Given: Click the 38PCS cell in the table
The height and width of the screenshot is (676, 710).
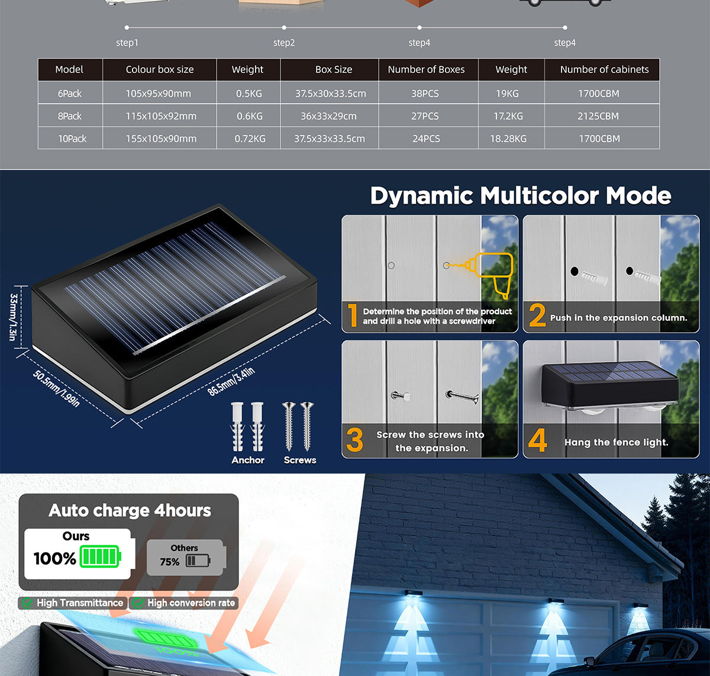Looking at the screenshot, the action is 425,94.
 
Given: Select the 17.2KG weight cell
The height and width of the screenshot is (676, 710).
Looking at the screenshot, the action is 508,116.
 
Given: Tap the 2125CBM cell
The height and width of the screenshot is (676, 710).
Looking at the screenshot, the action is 598,116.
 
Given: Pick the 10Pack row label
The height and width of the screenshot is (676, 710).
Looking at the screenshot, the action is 72,139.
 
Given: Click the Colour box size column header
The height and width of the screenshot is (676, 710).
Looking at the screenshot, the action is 160,69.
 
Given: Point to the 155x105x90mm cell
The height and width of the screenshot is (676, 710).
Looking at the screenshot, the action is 161,139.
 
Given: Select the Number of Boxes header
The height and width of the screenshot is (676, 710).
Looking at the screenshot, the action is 426,69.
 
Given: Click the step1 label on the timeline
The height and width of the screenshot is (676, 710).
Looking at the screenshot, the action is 127,43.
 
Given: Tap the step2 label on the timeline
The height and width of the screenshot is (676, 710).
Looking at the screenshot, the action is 284,43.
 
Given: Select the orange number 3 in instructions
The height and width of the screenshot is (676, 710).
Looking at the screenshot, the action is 354,440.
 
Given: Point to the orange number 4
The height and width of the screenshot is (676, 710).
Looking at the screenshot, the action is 537,440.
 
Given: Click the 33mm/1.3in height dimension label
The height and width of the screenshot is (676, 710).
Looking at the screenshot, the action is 13,317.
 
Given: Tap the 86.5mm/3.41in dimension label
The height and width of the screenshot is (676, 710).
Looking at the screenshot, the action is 231,382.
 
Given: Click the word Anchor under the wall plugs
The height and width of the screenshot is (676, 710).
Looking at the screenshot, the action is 248,460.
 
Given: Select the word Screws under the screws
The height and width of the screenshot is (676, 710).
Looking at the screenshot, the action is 300,460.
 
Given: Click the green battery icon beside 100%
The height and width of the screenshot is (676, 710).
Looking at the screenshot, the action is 100,556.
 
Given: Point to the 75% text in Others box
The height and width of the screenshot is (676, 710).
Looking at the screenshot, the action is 170,562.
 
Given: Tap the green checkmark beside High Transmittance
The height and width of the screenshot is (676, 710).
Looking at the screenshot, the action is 27,603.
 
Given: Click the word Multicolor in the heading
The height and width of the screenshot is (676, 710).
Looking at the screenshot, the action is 539,196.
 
